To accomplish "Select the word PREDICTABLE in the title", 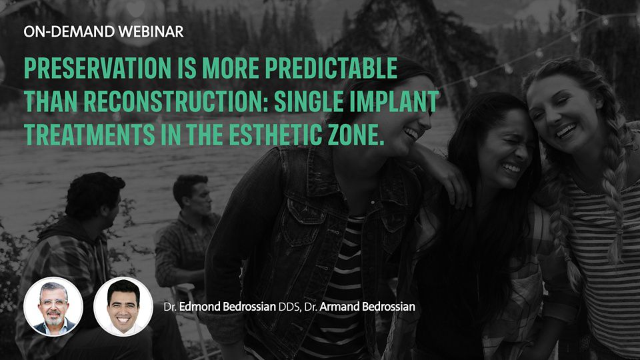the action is [331, 68].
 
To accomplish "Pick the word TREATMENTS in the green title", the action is [89, 135].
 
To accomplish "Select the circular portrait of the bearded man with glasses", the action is [53, 307].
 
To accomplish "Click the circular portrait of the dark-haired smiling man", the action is [123, 307].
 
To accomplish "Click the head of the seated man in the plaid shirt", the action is [192, 194].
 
